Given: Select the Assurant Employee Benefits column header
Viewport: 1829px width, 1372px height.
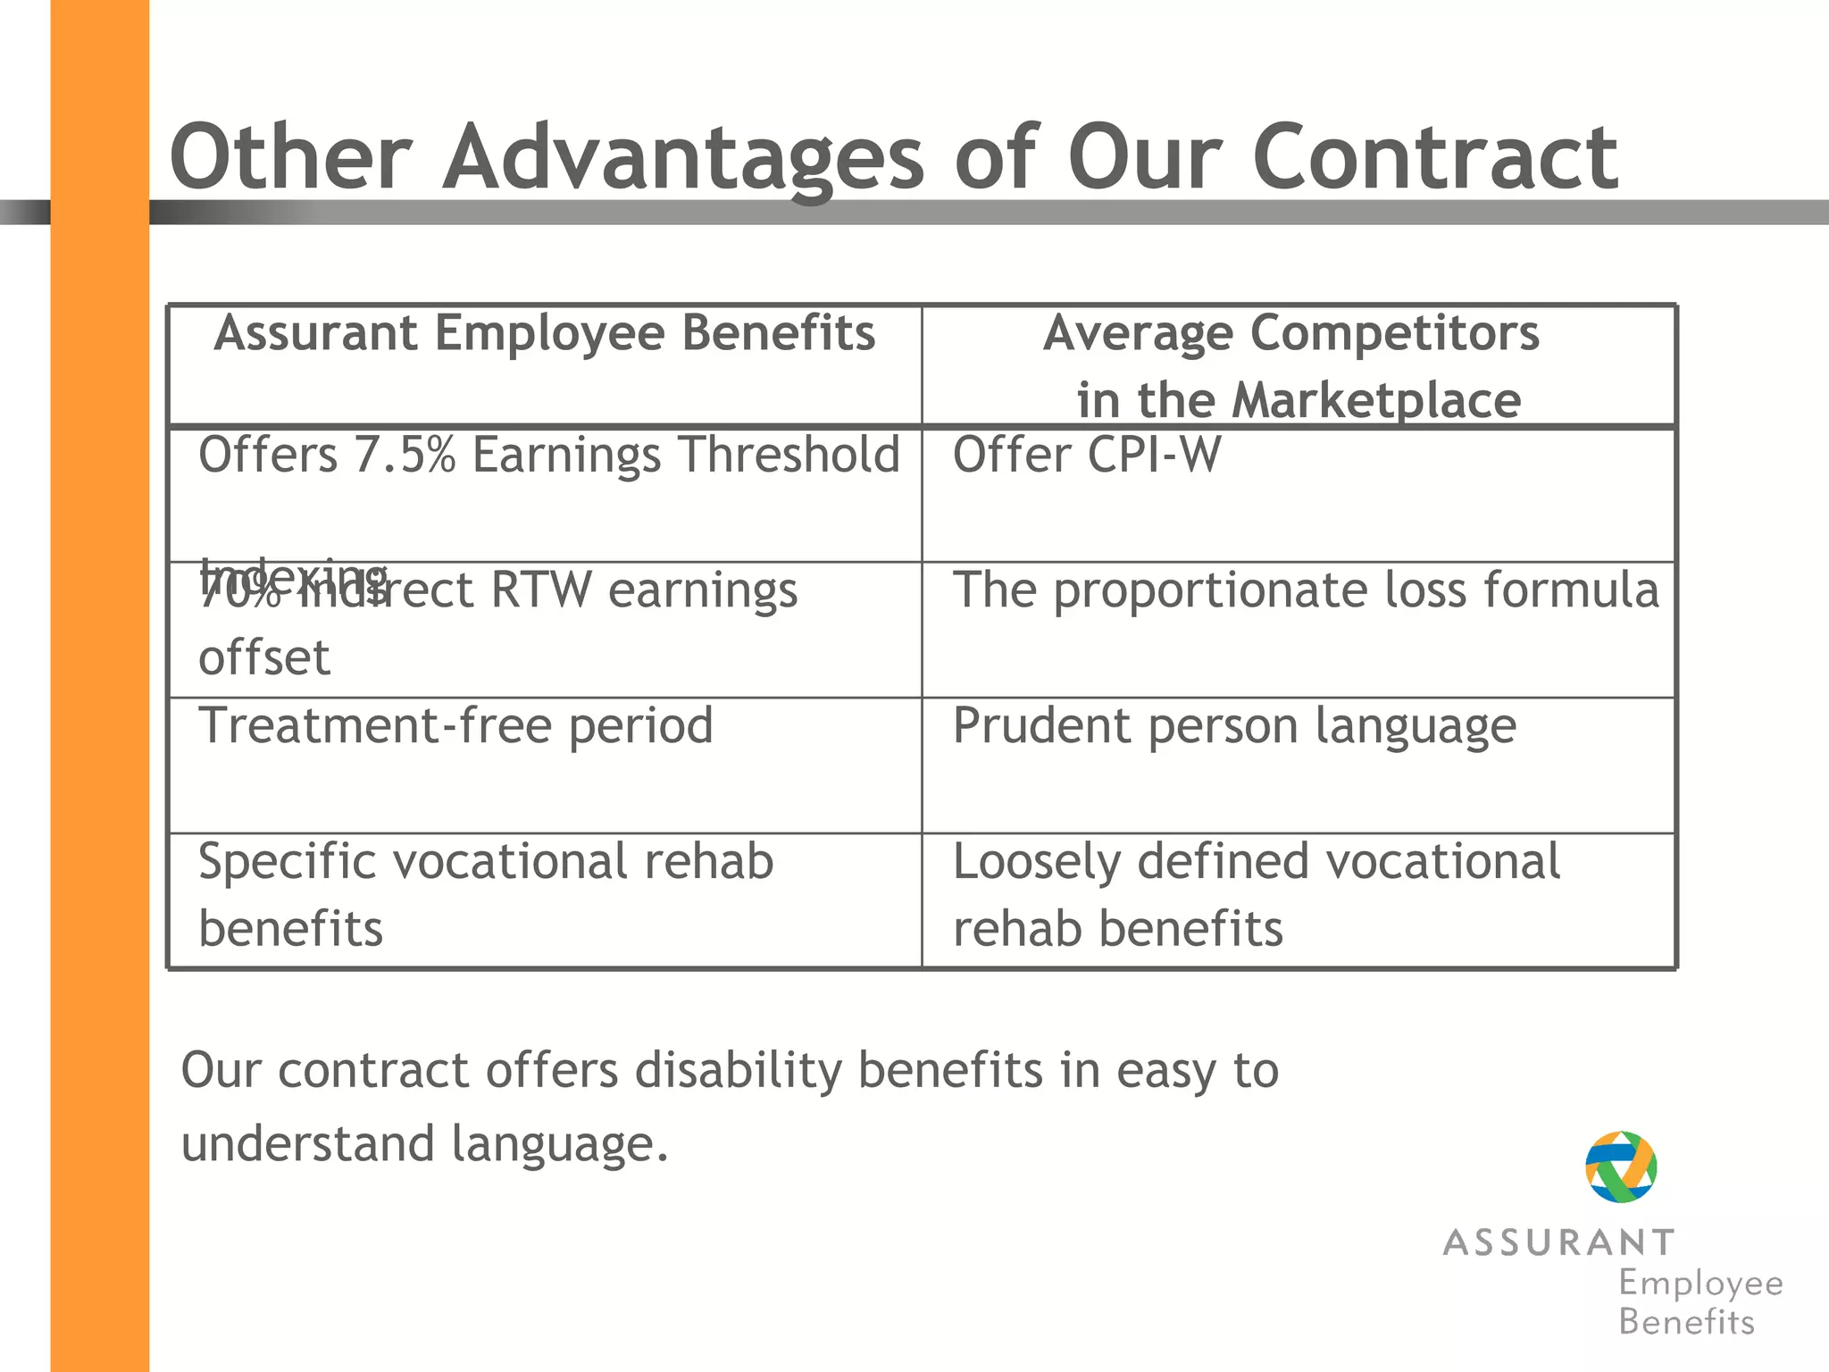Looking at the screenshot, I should pos(545,334).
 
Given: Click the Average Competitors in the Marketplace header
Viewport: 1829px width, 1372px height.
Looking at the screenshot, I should pos(1298,365).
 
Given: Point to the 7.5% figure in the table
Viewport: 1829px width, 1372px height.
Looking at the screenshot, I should pos(405,455).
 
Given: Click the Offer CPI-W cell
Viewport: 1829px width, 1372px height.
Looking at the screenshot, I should pos(1086,455).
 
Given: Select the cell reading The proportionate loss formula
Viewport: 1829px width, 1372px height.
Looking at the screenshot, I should pos(1305,590).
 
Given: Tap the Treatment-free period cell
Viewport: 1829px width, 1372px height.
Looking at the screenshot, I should pos(455,725).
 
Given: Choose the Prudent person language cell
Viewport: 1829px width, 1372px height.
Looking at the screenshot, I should pos(1233,725).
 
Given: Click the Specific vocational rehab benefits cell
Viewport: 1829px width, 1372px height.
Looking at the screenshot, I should pos(485,894).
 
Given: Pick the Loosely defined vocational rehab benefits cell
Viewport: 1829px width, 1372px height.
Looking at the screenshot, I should pos(1256,894).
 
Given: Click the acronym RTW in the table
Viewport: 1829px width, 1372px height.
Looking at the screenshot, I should pos(540,590).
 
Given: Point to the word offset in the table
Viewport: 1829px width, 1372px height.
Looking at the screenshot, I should pos(264,658).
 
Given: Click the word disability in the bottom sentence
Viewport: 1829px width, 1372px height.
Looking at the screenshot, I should pos(738,1070).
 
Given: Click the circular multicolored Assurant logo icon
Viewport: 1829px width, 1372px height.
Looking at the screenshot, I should pos(1620,1167).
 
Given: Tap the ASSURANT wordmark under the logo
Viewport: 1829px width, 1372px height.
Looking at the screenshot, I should pos(1558,1242).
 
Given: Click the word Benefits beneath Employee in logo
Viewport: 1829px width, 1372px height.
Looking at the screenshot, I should pos(1686,1322).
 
